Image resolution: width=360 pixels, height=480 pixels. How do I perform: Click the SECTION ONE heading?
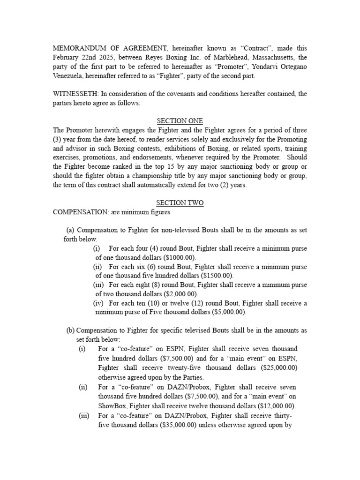[180, 121]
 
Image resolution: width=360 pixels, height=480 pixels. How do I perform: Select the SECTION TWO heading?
[180, 203]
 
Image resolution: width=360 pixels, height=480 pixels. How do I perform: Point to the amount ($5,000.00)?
[226, 312]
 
